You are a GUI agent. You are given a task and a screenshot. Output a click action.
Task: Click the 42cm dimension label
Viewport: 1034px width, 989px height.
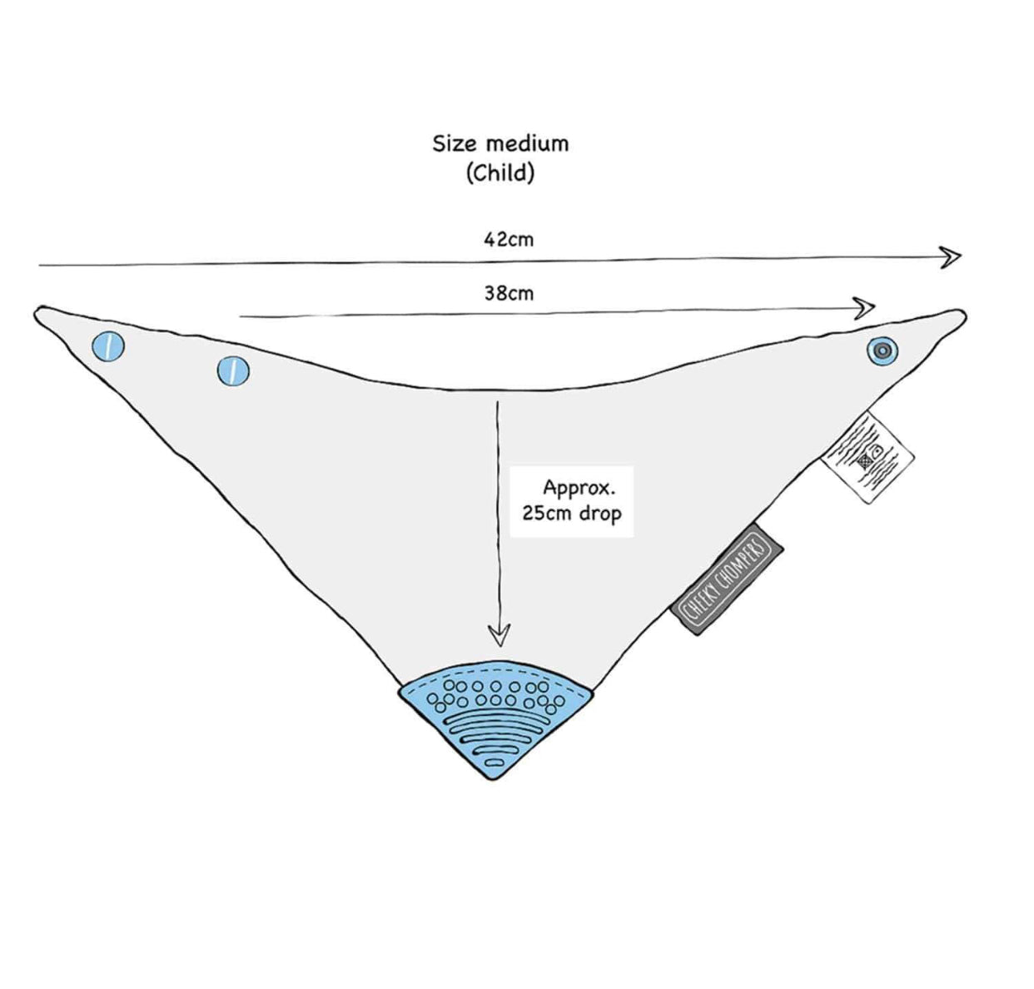pos(509,240)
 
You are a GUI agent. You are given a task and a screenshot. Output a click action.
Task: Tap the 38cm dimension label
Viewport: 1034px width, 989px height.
pos(509,293)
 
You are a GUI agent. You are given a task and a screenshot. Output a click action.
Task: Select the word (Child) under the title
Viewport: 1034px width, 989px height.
pos(500,173)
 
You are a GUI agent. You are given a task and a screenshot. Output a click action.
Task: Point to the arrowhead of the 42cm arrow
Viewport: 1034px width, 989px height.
pos(952,256)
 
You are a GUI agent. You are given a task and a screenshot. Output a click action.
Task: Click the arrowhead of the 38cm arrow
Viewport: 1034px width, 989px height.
pos(867,308)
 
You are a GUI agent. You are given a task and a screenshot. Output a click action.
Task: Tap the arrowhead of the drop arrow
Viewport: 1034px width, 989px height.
pos(499,636)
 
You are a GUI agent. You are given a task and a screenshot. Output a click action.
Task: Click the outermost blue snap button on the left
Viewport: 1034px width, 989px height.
pos(108,346)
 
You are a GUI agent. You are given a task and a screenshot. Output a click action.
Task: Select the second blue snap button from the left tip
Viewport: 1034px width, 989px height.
pos(234,370)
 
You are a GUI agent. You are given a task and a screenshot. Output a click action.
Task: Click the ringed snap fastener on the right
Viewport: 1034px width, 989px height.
pos(882,350)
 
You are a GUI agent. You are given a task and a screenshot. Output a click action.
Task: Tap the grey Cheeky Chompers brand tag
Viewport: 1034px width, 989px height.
pos(727,579)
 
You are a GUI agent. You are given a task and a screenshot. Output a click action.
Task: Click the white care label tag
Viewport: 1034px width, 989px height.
pos(867,457)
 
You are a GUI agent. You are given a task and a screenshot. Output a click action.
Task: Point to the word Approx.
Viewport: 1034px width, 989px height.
pos(579,487)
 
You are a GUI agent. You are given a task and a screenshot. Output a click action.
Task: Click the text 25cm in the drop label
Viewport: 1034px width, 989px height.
pos(547,513)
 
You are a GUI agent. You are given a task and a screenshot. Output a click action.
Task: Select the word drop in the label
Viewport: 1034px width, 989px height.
pos(600,514)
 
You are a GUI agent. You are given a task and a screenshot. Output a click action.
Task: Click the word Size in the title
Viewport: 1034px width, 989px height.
pos(456,143)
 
